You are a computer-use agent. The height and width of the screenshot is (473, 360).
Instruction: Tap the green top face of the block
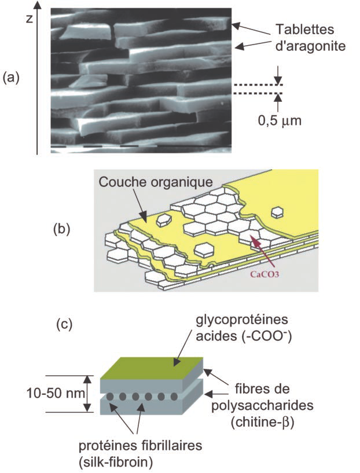[151, 368]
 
